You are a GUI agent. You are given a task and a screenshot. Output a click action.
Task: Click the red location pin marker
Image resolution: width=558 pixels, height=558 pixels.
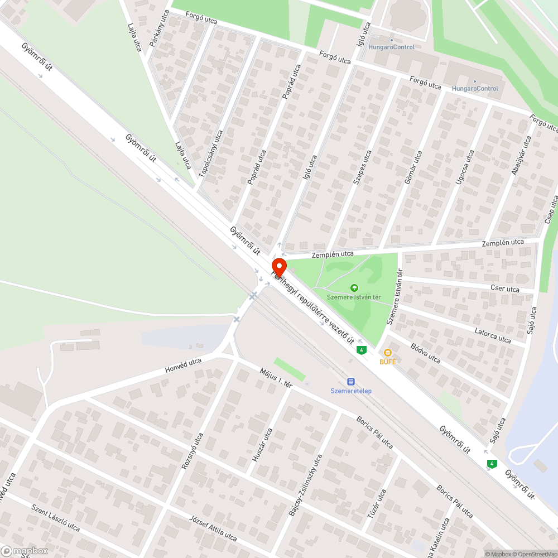[278, 267]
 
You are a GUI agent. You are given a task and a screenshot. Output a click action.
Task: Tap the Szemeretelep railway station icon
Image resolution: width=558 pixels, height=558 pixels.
[350, 382]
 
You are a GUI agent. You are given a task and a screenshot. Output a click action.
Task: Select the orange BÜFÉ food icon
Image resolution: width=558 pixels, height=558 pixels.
[387, 353]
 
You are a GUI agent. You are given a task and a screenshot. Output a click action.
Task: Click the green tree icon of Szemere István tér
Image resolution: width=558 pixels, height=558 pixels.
[354, 288]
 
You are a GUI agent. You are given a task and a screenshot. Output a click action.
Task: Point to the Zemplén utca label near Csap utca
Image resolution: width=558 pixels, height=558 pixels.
[503, 243]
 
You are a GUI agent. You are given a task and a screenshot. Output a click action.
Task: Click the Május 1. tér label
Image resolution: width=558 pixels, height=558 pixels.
[276, 377]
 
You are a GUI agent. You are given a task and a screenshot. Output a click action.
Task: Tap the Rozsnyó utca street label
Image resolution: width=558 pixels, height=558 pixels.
[192, 451]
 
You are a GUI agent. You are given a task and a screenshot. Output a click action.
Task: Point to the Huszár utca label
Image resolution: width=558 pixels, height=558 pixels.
[262, 443]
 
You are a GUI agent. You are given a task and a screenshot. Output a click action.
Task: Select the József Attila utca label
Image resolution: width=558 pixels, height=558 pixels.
[213, 528]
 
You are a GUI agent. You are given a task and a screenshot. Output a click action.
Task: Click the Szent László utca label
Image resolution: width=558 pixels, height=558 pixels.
[56, 518]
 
